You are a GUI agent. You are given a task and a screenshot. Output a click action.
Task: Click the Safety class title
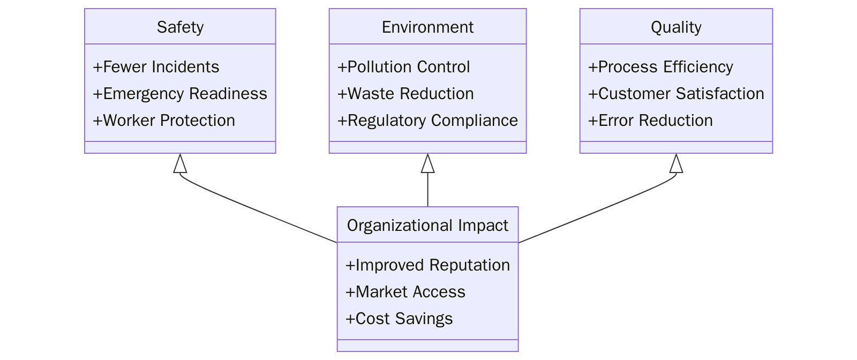(180, 27)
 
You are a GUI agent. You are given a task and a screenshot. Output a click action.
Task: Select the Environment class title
(427, 27)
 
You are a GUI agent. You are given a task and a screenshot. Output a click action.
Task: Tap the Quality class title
(676, 27)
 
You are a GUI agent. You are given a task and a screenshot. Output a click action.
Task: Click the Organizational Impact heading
(427, 225)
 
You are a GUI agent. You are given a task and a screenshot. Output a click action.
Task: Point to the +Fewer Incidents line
(156, 67)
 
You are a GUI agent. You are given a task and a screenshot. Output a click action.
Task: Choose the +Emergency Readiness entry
(180, 94)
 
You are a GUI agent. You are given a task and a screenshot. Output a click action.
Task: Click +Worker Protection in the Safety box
(164, 121)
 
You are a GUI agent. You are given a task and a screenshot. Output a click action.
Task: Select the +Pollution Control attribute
(403, 67)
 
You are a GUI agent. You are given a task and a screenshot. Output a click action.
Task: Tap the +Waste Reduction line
(405, 94)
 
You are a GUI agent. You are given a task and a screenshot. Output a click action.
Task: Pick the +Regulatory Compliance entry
(427, 121)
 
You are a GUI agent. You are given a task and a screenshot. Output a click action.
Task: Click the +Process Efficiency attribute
(660, 67)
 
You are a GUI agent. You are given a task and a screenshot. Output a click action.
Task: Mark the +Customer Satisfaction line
(676, 94)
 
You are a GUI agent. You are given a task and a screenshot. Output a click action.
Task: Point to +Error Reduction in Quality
(650, 121)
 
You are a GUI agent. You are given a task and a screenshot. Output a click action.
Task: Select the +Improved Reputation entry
(427, 265)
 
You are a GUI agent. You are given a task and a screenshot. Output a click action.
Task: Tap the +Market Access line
(405, 292)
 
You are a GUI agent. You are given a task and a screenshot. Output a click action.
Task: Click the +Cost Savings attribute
(399, 319)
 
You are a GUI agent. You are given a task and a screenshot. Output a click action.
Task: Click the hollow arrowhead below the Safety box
(180, 164)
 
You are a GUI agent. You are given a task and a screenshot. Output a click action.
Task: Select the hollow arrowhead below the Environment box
(427, 164)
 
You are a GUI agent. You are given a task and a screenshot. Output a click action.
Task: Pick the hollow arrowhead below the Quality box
(676, 164)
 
